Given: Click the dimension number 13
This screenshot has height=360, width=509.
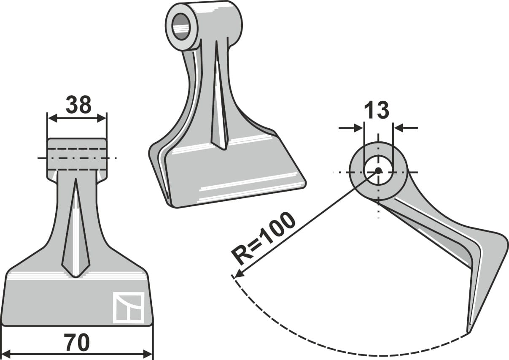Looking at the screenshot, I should pyautogui.click(x=376, y=111).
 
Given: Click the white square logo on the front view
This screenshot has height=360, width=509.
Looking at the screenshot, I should pyautogui.click(x=129, y=308).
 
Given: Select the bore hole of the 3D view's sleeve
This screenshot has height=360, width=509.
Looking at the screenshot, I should pyautogui.click(x=181, y=27).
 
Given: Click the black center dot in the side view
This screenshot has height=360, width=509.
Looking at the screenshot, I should pyautogui.click(x=378, y=171).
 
